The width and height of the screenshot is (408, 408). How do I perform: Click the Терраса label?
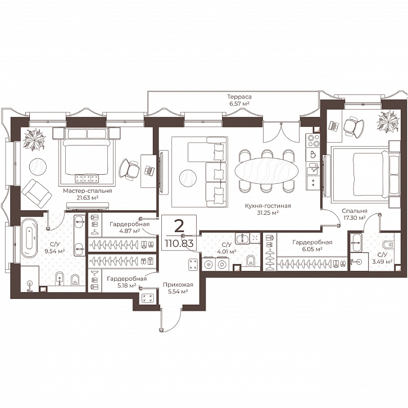tap(239, 97)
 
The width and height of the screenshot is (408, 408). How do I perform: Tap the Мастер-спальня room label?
tap(88, 191)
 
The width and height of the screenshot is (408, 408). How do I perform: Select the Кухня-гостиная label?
tap(268, 206)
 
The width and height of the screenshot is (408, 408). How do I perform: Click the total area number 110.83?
tap(179, 243)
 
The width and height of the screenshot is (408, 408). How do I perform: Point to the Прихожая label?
tap(178, 285)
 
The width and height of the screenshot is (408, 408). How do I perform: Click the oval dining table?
tap(266, 171)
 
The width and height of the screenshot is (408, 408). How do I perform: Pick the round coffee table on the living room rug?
tap(188, 178)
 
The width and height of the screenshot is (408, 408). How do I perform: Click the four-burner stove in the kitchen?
tap(313, 140)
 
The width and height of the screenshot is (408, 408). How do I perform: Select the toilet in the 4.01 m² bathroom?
tap(250, 261)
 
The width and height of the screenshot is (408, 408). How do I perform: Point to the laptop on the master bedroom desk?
tap(149, 170)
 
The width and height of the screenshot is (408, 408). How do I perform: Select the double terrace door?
tap(282, 132)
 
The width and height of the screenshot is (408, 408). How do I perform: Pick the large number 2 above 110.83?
tap(179, 226)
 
